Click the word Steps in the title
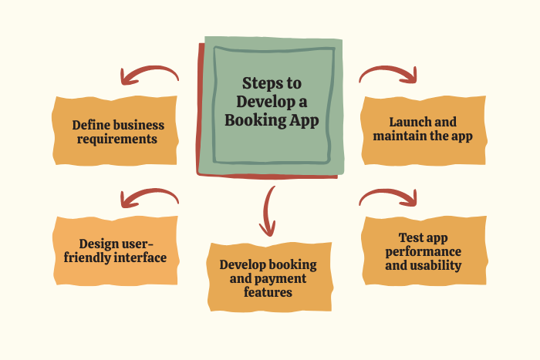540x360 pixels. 259,83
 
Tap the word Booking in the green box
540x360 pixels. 255,120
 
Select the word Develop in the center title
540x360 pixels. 261,103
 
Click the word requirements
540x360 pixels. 117,140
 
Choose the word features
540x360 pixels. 268,292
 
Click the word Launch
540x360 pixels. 406,122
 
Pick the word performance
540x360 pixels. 424,252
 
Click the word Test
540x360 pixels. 410,237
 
